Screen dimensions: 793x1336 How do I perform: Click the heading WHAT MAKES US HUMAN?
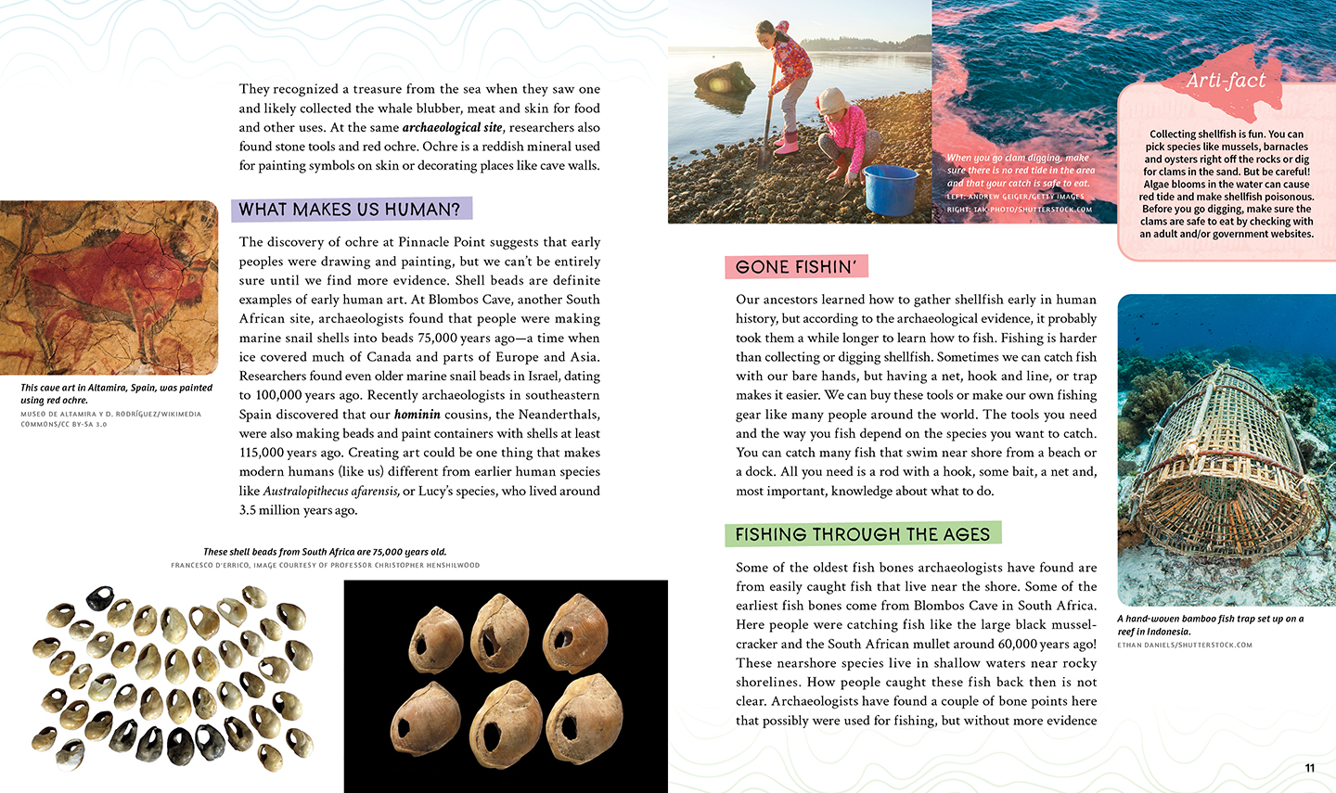coord(350,210)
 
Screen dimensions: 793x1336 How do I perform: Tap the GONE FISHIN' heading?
coord(795,267)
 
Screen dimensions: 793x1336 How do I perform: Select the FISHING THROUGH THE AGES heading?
coord(862,534)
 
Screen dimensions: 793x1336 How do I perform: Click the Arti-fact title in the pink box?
coord(1225,81)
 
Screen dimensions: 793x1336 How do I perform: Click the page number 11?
coord(1309,767)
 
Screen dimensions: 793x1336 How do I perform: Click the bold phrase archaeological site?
coord(452,127)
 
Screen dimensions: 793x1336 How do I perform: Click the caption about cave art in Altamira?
coord(116,393)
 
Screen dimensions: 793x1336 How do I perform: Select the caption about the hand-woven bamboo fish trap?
coord(1210,624)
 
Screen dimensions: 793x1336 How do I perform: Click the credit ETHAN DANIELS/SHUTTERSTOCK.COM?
coord(1184,645)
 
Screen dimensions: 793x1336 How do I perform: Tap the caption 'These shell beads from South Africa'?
coord(325,552)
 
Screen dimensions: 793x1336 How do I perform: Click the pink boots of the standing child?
coord(787,144)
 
